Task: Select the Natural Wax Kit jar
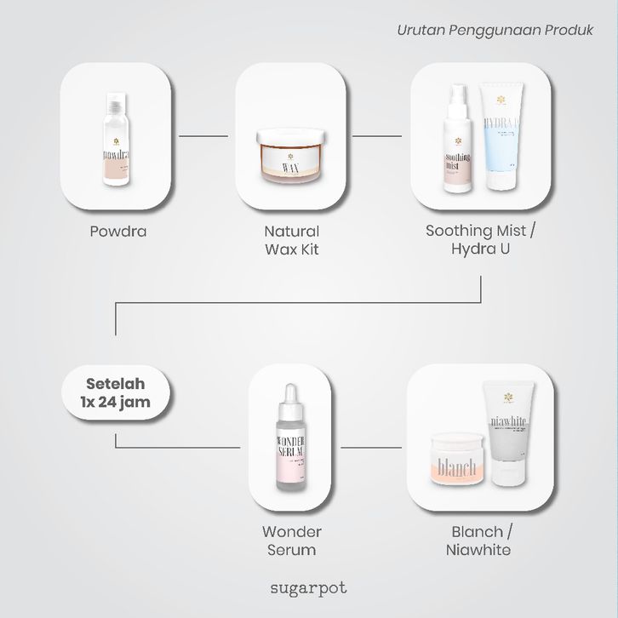point(291,153)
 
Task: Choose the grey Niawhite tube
point(509,430)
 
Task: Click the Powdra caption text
point(118,232)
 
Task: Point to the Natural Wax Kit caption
point(292,240)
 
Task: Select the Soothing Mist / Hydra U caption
point(481,240)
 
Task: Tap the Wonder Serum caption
point(292,541)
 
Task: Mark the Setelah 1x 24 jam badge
point(117,393)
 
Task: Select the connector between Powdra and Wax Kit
point(203,135)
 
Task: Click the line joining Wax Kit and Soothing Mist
point(377,135)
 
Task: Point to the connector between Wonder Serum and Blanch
point(370,447)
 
